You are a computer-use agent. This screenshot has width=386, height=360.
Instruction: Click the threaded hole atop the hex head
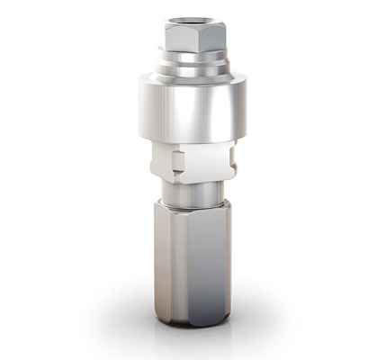pyautogui.click(x=192, y=18)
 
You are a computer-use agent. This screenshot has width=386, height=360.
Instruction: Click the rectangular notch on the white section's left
pyautogui.click(x=177, y=163)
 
